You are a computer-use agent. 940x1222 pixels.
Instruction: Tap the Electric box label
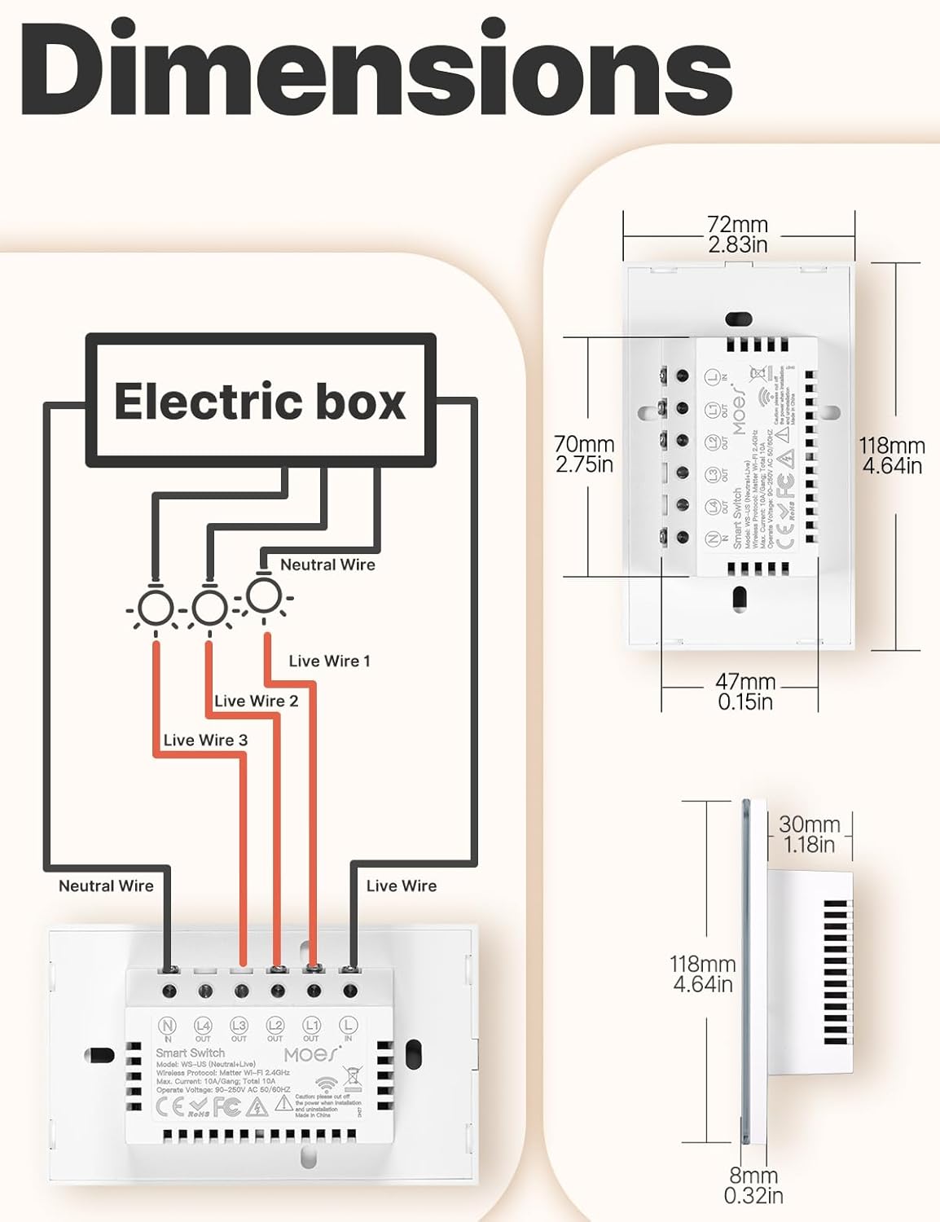click(260, 402)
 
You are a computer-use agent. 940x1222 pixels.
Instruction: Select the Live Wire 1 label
click(329, 661)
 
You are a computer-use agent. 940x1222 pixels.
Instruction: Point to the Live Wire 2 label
click(256, 701)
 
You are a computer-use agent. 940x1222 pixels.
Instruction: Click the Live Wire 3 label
click(205, 740)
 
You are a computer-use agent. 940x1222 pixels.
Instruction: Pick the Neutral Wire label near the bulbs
click(327, 565)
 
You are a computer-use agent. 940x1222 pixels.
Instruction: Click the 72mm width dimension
click(737, 234)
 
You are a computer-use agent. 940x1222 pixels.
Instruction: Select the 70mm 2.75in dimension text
click(584, 454)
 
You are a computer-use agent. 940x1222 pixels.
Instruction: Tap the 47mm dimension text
click(745, 692)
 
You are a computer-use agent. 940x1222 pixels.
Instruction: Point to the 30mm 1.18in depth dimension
click(809, 834)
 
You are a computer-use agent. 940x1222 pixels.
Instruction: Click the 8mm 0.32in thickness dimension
click(753, 1185)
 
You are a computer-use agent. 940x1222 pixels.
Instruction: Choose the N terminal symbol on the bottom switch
click(167, 1026)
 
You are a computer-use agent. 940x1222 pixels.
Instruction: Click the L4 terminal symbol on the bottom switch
click(203, 1026)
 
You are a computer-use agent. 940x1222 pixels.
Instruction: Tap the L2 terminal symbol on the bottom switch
click(275, 1026)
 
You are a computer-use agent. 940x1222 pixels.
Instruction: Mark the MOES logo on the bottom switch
click(312, 1054)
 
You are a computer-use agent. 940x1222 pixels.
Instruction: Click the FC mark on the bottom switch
click(227, 1106)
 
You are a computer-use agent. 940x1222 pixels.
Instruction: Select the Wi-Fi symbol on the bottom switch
click(327, 1085)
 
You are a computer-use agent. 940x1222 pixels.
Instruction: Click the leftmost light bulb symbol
click(155, 607)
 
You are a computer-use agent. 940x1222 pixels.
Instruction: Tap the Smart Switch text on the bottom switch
click(190, 1053)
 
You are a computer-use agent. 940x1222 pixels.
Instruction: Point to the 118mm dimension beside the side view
click(702, 974)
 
